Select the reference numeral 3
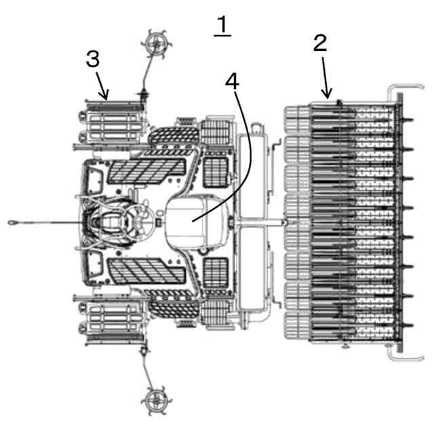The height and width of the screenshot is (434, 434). pyautogui.click(x=93, y=59)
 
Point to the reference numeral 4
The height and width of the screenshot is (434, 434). pyautogui.click(x=232, y=81)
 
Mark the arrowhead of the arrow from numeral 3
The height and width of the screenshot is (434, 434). pyautogui.click(x=105, y=99)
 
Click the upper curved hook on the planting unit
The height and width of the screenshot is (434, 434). pyautogui.click(x=395, y=90)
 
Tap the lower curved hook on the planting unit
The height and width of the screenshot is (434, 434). pyautogui.click(x=395, y=355)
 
